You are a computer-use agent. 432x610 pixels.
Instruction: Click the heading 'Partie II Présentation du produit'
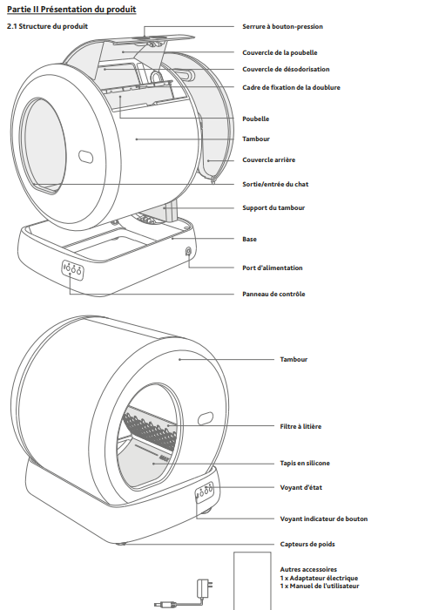click(x=71, y=10)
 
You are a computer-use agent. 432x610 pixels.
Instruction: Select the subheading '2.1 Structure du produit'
click(x=47, y=26)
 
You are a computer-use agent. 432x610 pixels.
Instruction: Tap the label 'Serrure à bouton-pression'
click(x=282, y=26)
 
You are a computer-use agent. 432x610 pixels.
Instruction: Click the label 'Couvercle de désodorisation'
click(x=286, y=69)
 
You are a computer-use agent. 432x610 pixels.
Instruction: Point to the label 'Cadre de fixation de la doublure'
click(x=291, y=87)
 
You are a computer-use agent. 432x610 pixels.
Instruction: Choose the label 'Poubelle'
click(x=255, y=119)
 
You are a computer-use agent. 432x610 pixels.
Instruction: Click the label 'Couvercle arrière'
click(x=268, y=159)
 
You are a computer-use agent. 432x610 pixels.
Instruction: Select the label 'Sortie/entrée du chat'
click(x=275, y=184)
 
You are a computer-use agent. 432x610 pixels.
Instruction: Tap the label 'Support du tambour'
click(x=273, y=207)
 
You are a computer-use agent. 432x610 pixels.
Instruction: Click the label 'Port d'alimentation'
click(x=273, y=268)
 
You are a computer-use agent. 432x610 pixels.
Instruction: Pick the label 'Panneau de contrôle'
click(x=273, y=295)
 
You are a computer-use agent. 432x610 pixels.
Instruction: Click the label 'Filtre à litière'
click(x=300, y=426)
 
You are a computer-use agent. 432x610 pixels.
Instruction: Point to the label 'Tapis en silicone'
click(x=305, y=463)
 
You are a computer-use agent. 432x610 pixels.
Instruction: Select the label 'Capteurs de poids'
click(x=307, y=544)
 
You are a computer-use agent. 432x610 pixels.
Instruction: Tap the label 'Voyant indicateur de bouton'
click(x=323, y=518)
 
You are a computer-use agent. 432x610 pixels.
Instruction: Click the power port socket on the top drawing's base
click(x=188, y=251)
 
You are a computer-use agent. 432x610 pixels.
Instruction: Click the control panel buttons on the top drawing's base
click(x=72, y=268)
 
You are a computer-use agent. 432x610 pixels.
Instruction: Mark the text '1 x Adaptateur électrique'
click(x=319, y=578)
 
